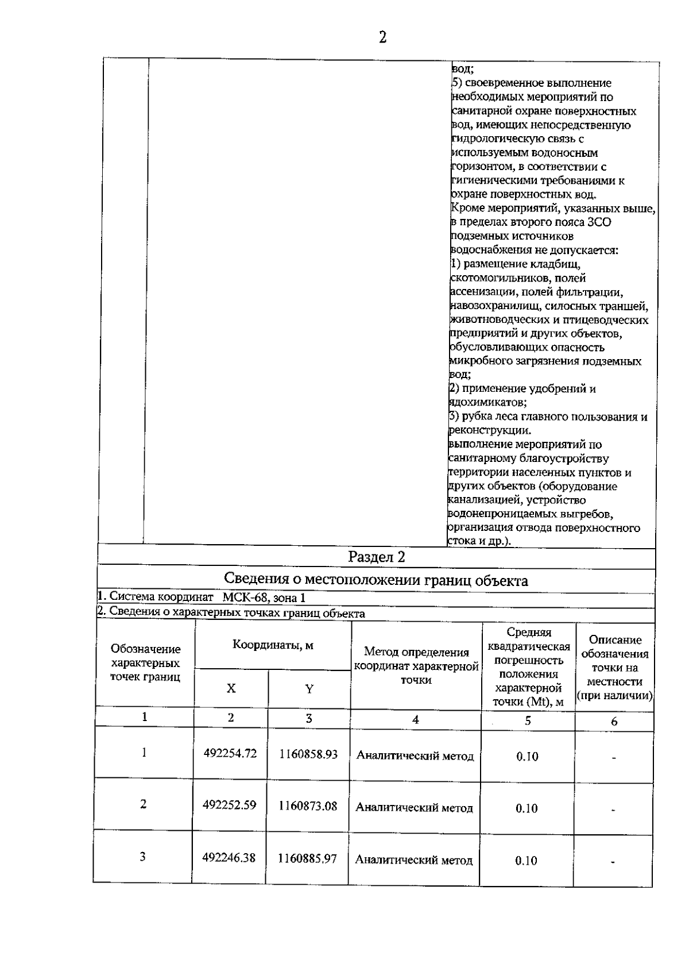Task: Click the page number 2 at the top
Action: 382,38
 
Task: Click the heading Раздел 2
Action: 377,557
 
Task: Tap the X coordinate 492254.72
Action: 230,753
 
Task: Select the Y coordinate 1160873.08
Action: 308,806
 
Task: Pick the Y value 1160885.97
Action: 308,858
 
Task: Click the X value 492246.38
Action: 229,858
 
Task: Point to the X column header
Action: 231,688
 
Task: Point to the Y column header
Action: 309,689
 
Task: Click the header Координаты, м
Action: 273,645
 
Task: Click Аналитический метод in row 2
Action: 415,808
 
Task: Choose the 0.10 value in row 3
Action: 527,860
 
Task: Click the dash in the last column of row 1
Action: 614,758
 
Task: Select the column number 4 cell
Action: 416,719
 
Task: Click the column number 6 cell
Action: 614,721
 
